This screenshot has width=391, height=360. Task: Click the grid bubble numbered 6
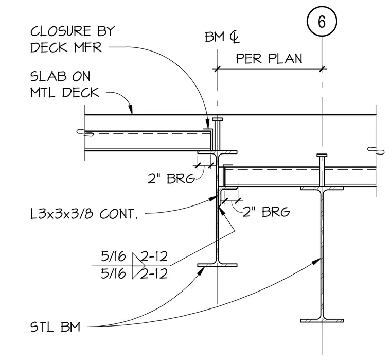tap(322, 22)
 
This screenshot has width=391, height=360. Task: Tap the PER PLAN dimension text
tap(269, 59)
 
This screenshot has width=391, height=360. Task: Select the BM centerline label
tap(222, 38)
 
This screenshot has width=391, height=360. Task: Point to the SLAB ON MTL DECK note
tap(65, 84)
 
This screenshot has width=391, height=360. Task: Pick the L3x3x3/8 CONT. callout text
tap(84, 214)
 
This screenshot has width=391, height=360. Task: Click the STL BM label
tap(55, 327)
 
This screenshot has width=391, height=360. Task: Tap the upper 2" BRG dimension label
tap(171, 178)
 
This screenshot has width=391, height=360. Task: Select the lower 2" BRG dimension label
tap(266, 212)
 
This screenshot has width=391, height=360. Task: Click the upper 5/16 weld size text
tap(113, 256)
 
